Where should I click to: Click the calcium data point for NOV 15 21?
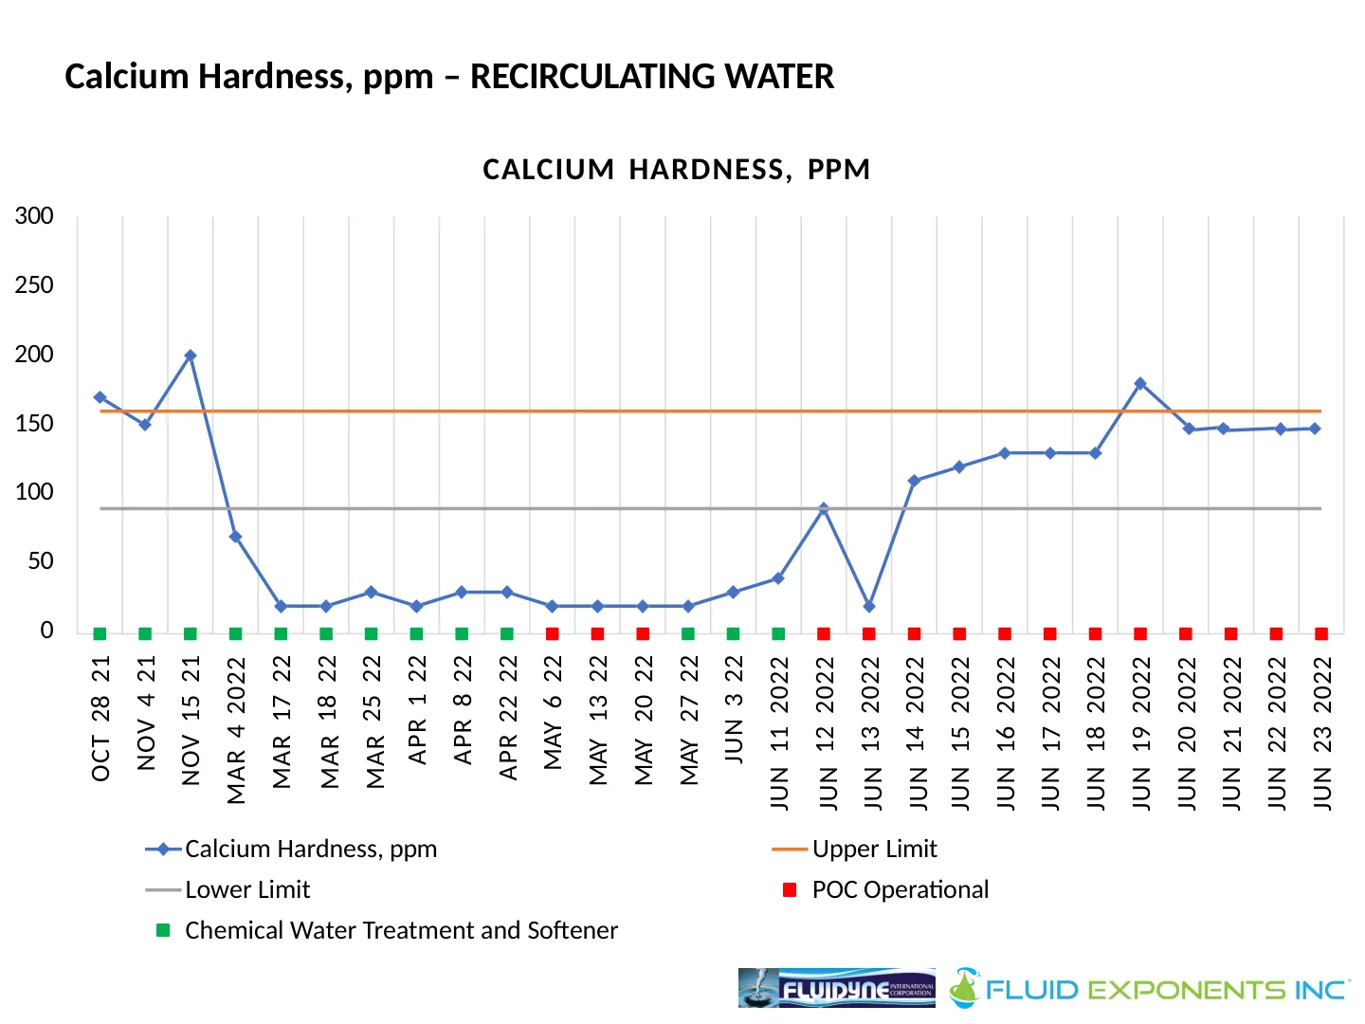[x=191, y=356]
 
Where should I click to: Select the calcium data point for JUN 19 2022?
[x=1140, y=383]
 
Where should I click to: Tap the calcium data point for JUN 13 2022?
[x=869, y=606]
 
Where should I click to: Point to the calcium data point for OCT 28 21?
[x=100, y=397]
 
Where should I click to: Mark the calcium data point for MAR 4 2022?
[x=235, y=537]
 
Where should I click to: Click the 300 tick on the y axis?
[x=34, y=216]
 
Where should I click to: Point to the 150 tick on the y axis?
[x=34, y=424]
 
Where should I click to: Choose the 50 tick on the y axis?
[x=40, y=561]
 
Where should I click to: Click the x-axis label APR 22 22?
[x=508, y=718]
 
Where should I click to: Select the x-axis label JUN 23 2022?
[x=1322, y=733]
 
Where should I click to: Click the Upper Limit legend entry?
[x=874, y=849]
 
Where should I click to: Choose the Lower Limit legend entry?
[x=247, y=889]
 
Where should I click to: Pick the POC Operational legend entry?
[x=900, y=889]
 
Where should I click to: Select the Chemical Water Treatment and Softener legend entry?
[x=401, y=930]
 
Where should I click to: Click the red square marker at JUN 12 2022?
[x=824, y=633]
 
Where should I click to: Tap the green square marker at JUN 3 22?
[x=733, y=633]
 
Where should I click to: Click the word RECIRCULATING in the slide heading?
[x=652, y=77]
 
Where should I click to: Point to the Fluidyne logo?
[x=836, y=988]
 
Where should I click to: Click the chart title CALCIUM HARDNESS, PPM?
[x=676, y=170]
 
